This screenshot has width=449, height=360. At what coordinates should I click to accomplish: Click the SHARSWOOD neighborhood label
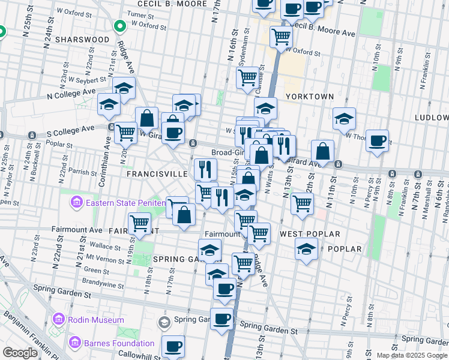tap(82, 39)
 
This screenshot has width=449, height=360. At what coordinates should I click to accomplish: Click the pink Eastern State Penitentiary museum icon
tap(77, 203)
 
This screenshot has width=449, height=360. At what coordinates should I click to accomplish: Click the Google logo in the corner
tap(20, 353)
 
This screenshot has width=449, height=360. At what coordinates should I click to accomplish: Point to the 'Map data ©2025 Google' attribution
tap(412, 355)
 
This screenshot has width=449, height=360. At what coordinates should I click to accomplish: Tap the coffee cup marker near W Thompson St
tap(377, 141)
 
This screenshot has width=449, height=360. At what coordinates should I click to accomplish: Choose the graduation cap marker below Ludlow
tap(344, 119)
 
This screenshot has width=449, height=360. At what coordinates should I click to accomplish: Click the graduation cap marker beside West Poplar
tap(306, 248)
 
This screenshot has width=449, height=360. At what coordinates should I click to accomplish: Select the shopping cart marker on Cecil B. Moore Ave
tap(281, 37)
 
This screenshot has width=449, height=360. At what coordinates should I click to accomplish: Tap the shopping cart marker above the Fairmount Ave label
tap(140, 223)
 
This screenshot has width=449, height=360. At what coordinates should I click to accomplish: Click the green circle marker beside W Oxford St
tap(119, 26)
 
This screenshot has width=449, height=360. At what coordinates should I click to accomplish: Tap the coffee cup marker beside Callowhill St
tap(173, 346)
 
